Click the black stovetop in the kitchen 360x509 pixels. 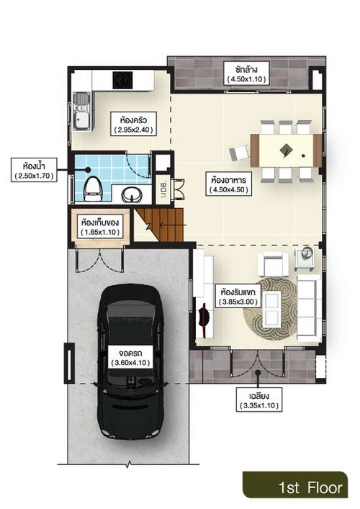pos(122,80)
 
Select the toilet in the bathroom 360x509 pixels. pos(93,189)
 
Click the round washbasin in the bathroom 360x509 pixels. pos(132,195)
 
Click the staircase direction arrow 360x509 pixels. pos(173,225)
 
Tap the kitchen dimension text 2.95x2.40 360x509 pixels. pos(133,130)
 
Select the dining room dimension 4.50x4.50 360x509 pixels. pos(228,189)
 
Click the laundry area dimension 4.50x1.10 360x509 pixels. pos(246,79)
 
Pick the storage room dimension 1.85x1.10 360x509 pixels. pos(100,232)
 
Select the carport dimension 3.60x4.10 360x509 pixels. pos(130,362)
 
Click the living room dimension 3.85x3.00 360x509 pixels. pos(238,302)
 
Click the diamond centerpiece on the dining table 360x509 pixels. pos(287,150)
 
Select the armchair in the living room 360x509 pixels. pos(273,263)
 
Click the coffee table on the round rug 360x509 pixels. pos(271,309)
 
